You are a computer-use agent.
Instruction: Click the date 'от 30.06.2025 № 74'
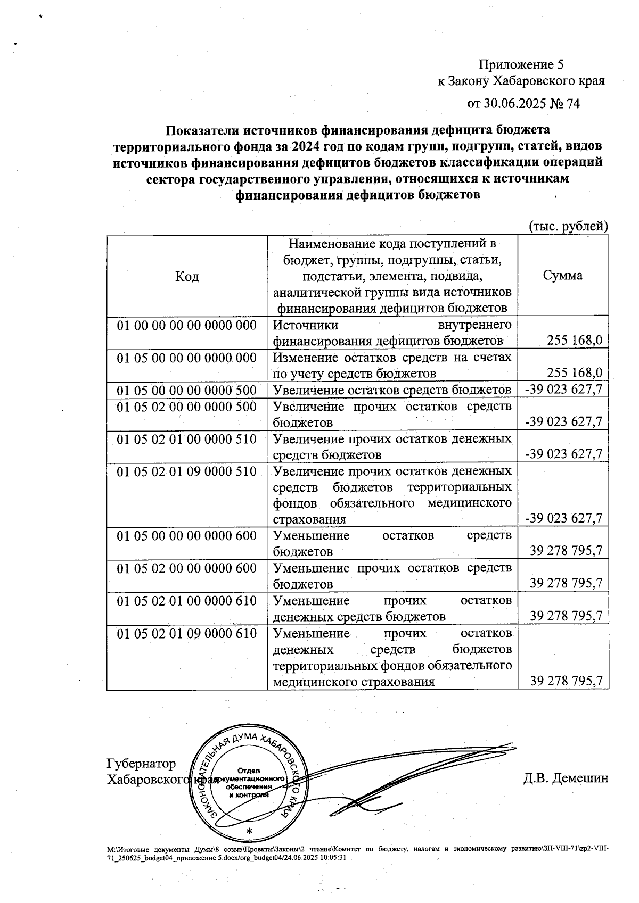point(523,103)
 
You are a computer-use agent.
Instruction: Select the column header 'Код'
point(187,277)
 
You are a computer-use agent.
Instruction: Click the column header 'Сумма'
point(562,275)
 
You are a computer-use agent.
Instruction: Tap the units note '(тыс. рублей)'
point(568,226)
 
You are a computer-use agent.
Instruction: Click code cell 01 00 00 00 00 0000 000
point(187,325)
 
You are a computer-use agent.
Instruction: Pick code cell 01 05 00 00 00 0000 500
point(187,391)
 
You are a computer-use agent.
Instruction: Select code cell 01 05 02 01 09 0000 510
point(187,471)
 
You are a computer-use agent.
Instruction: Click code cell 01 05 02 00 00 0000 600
point(187,568)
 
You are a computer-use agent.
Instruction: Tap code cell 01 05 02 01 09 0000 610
point(187,634)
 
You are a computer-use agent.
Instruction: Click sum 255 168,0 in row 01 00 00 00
point(574,341)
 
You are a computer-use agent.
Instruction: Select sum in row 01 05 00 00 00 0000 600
point(566,551)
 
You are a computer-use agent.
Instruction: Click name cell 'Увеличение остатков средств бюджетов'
point(392,391)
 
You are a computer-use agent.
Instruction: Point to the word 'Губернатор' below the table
point(141,764)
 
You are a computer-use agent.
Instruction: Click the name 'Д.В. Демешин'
point(566,778)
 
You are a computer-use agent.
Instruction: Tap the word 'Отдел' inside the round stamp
point(248,771)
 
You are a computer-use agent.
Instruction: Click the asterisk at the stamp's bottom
point(249,831)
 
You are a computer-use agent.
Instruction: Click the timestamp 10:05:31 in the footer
point(333,858)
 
